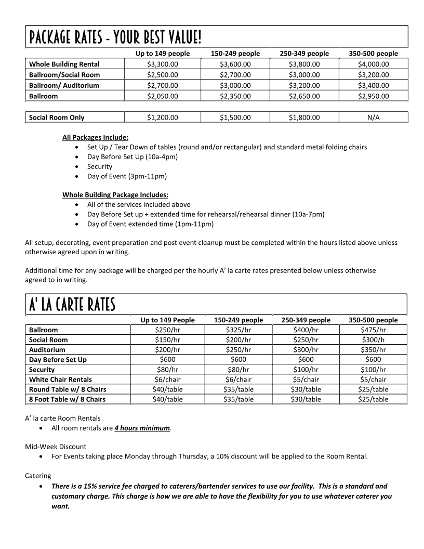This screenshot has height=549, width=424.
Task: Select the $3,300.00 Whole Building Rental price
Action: pos(162,64)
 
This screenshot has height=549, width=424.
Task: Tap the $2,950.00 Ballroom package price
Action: pos(373,96)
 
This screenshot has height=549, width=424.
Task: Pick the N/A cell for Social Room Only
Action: pos(373,117)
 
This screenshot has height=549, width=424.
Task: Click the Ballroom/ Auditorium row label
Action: pos(64,85)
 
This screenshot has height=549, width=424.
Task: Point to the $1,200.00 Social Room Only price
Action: pos(162,117)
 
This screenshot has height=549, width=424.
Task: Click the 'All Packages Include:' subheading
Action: pos(95,137)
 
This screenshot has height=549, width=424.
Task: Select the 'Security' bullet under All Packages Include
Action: pos(100,166)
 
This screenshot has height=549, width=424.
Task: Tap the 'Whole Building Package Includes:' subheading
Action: pos(115,194)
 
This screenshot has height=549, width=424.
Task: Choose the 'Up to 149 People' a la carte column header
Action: pos(167,320)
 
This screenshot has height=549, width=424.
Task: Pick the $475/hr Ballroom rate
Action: pos(373,330)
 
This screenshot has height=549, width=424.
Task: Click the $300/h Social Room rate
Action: pos(373,339)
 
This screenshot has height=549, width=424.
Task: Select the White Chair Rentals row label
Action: pos(60,380)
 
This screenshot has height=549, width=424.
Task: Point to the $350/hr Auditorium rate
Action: pos(373,349)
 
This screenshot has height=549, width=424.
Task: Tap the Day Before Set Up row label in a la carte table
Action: pos(58,359)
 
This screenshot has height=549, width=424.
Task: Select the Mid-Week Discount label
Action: pos(56,447)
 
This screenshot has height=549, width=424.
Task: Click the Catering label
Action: pos(38,475)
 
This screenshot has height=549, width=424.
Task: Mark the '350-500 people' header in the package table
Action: pos(373,54)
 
